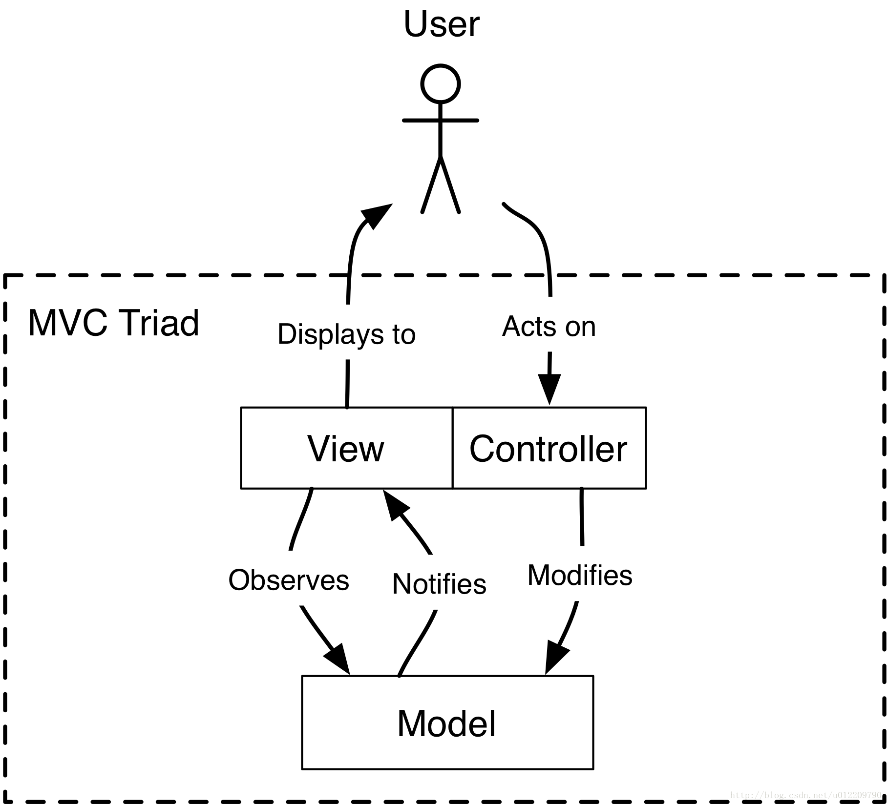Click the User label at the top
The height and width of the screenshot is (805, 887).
pos(442,24)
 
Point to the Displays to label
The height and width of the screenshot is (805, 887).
pos(346,334)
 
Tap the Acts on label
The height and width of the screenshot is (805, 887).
pos(549,326)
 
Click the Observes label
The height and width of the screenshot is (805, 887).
pos(289,580)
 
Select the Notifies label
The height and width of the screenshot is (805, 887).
pos(439,584)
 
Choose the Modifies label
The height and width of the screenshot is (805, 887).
pos(580,575)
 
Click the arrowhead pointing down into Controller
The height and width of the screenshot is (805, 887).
pos(549,390)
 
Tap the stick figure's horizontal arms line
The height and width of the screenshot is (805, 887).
pos(441,120)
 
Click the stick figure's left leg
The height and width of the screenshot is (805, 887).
pos(431,185)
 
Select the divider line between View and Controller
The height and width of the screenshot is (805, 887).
pos(453,448)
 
